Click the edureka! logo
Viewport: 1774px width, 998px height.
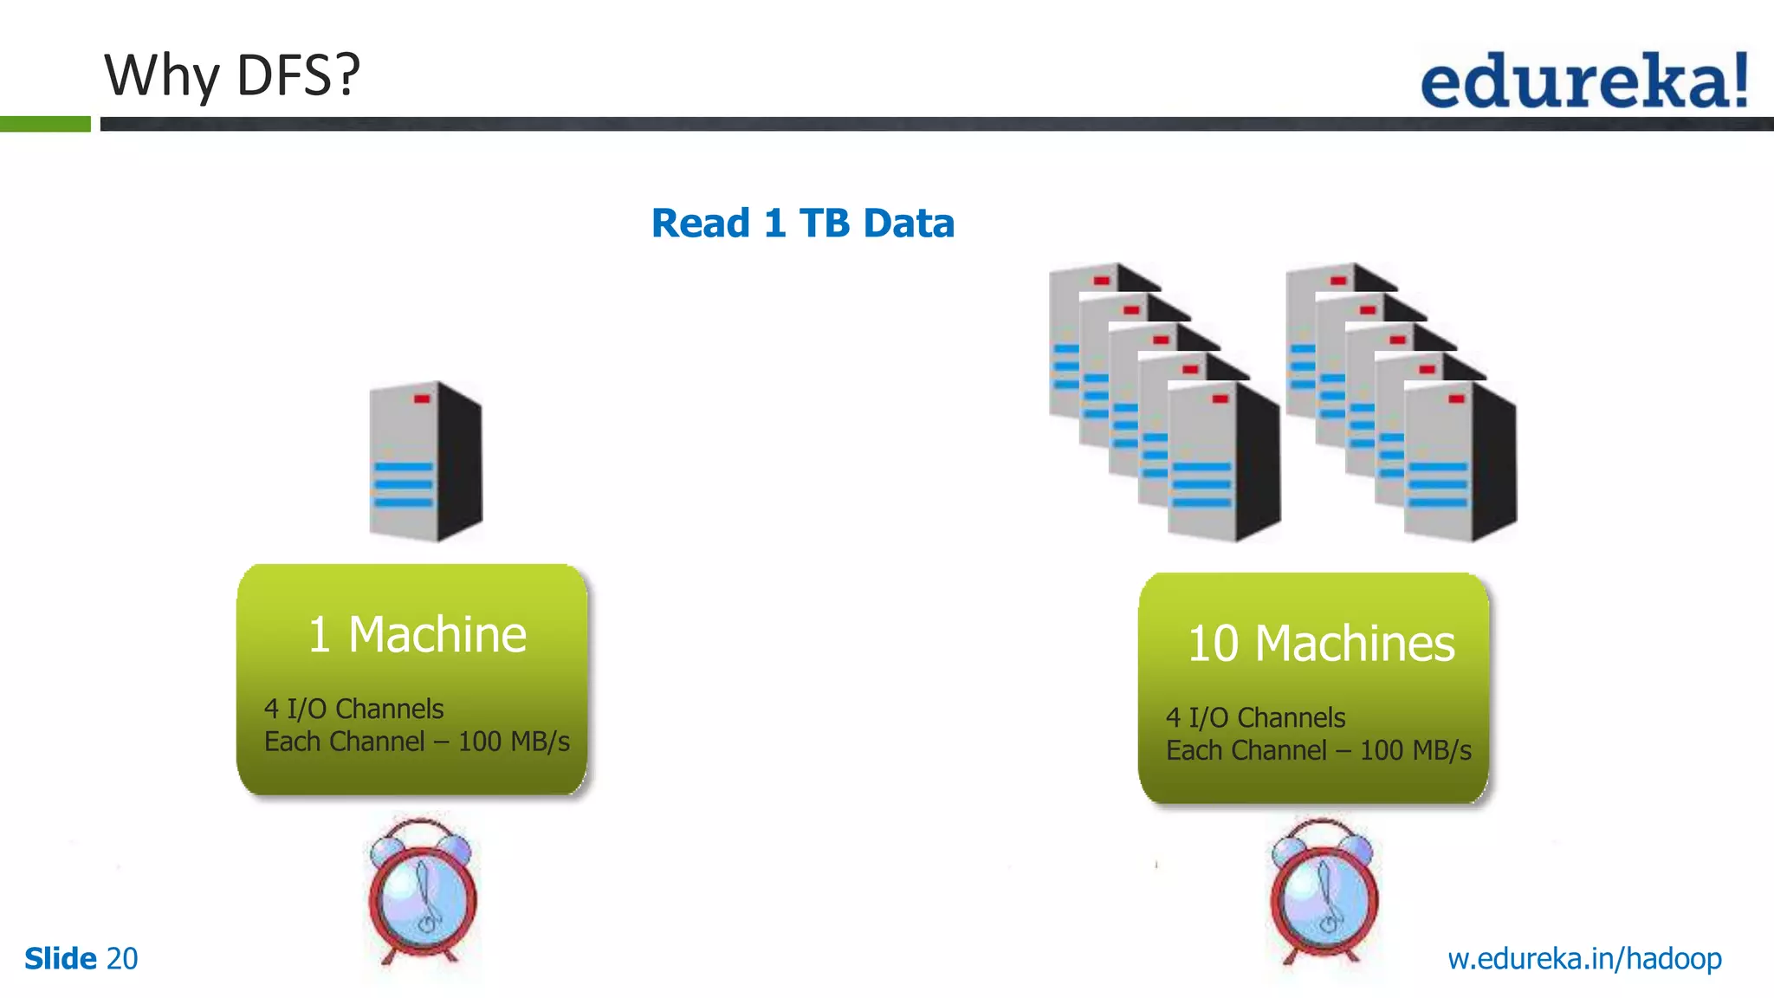(1583, 80)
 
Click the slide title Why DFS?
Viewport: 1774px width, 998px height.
(231, 75)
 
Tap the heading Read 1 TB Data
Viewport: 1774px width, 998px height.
(802, 224)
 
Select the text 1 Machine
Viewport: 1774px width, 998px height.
(417, 634)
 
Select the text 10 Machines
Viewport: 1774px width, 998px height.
(1320, 644)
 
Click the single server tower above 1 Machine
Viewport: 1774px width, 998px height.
(424, 461)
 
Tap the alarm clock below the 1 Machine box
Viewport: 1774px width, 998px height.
(422, 892)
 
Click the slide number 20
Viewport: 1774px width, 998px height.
(121, 959)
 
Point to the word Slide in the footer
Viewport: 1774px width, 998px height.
(61, 959)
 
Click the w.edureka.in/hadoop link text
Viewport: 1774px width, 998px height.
(1584, 959)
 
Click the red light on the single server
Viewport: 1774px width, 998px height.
(422, 399)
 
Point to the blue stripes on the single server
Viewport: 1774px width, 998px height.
(403, 485)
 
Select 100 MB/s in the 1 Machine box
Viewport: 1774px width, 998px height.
(514, 742)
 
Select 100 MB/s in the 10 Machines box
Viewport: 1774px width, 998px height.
(1415, 751)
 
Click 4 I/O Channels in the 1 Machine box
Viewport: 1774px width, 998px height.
(353, 710)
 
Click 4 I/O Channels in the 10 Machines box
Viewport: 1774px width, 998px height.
(1255, 718)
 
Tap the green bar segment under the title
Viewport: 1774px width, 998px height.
(45, 125)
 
